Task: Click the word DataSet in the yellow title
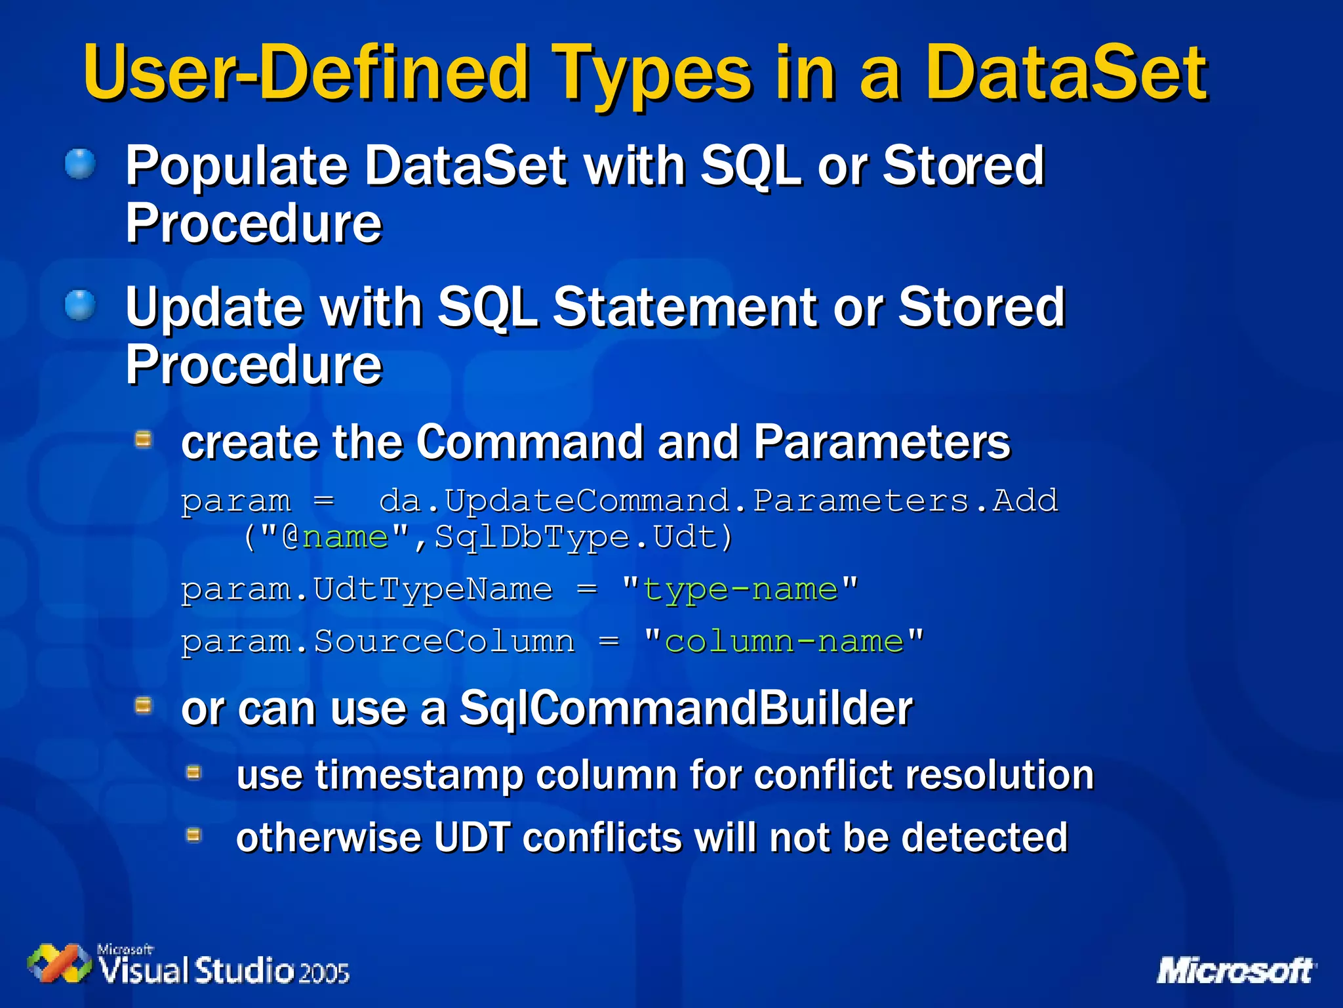(1066, 72)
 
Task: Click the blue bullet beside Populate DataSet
(81, 163)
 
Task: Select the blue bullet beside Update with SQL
(81, 305)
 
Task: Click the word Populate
(236, 167)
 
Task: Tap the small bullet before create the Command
(144, 438)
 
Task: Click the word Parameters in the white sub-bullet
(881, 442)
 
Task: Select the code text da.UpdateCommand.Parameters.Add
(718, 501)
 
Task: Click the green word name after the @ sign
(345, 537)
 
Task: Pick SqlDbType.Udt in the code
(583, 537)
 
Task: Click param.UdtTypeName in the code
(367, 589)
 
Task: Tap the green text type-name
(740, 589)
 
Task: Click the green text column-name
(784, 641)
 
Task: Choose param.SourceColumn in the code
(378, 641)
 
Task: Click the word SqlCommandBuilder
(685, 709)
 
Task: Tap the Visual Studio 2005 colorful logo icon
(59, 963)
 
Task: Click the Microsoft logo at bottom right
(1235, 971)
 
